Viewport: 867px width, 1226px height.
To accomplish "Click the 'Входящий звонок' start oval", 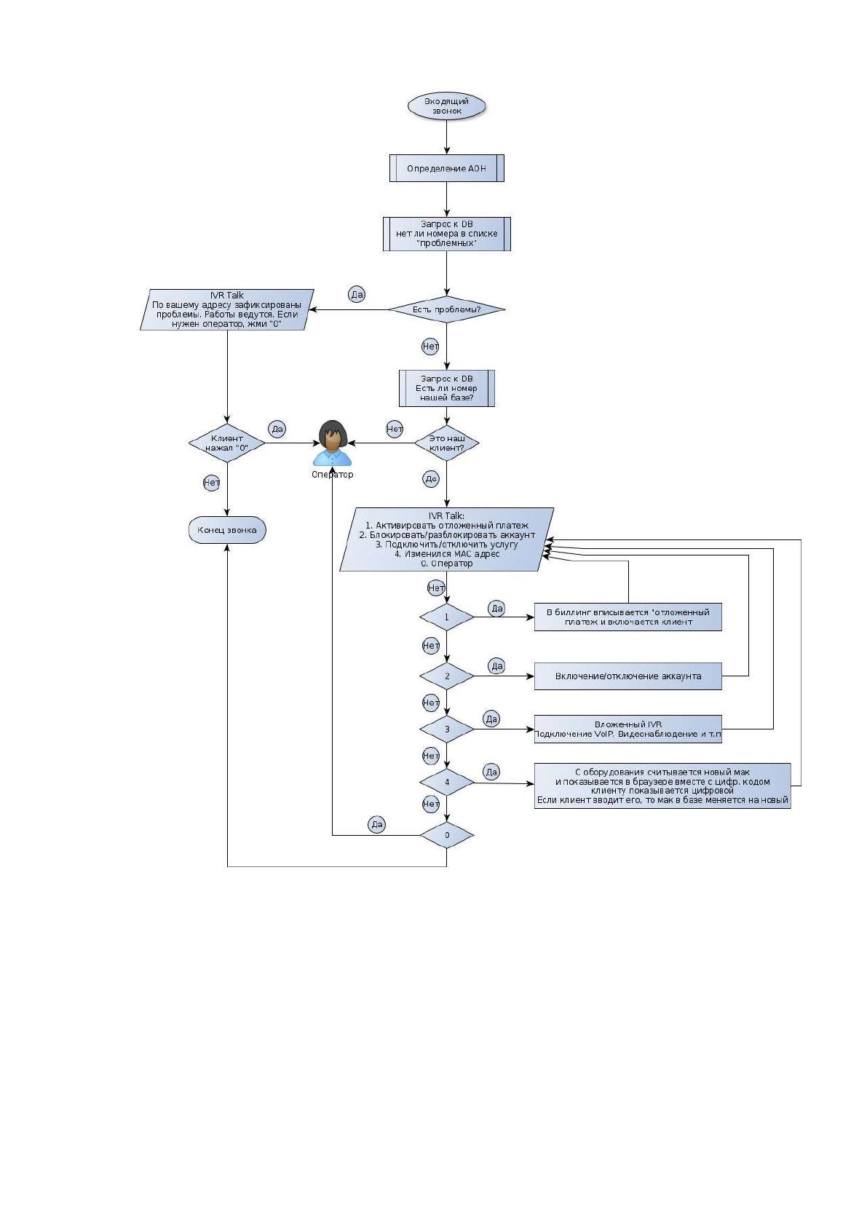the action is click(446, 106).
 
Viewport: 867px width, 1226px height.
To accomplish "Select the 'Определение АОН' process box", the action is click(447, 168).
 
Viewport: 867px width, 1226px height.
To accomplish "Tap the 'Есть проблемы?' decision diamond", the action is click(447, 309).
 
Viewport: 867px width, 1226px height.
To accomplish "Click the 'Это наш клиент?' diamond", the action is click(447, 443).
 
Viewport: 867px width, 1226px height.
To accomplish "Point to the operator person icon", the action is click(332, 443).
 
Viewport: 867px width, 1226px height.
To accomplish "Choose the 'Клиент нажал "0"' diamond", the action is click(227, 443).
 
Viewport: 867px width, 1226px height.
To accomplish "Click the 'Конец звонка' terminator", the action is click(227, 530).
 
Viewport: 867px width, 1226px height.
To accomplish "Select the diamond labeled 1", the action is click(447, 617).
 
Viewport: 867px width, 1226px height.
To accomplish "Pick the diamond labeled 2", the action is click(447, 676).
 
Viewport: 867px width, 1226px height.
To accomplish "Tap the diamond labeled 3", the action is click(447, 729).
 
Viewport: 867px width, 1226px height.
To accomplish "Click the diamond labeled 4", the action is click(447, 782).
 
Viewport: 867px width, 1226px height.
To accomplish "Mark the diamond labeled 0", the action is click(447, 835).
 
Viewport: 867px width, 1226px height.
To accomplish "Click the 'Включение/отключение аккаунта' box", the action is click(628, 676).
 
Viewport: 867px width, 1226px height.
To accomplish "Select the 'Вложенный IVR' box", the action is click(628, 729).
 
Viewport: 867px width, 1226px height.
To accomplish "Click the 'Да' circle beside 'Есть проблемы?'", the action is click(356, 294).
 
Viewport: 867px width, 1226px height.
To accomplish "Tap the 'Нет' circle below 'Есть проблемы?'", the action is click(430, 347).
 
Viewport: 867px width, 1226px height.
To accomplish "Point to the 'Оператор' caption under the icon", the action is click(332, 475).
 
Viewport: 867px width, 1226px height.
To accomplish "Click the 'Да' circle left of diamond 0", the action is click(377, 824).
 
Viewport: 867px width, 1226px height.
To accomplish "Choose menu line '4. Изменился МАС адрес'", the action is click(447, 553).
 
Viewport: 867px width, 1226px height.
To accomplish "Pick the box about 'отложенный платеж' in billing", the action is click(628, 617).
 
